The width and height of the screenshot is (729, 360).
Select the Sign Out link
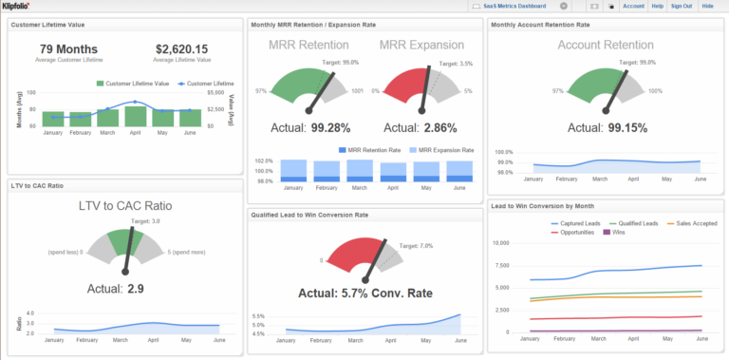[x=681, y=6]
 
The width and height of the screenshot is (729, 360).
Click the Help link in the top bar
[x=657, y=6]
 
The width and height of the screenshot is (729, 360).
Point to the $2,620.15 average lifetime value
[x=181, y=48]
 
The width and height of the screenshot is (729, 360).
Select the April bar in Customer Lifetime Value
[x=136, y=116]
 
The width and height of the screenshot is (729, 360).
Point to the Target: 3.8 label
[x=142, y=220]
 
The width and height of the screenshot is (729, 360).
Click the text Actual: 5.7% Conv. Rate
[x=364, y=293]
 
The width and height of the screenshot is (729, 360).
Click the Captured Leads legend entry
[x=576, y=224]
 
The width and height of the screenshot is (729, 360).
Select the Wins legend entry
[x=615, y=232]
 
